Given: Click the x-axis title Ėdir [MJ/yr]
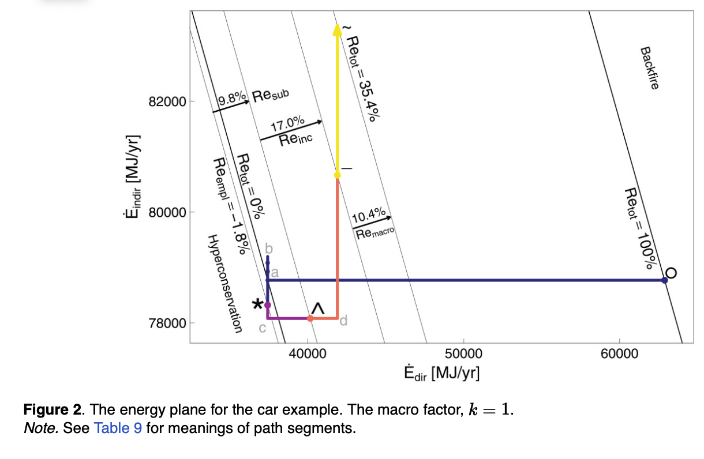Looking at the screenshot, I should pyautogui.click(x=442, y=372).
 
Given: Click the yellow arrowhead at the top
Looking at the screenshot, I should pyautogui.click(x=337, y=29).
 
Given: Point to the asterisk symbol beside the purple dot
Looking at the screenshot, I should pyautogui.click(x=257, y=304).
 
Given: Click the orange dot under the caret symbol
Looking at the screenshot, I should pyautogui.click(x=310, y=318).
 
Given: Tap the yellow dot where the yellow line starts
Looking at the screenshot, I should pyautogui.click(x=337, y=175).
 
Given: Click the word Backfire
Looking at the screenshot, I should pyautogui.click(x=649, y=67).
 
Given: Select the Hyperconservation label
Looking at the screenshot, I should pyautogui.click(x=223, y=283).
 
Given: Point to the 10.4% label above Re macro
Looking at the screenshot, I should pyautogui.click(x=368, y=217).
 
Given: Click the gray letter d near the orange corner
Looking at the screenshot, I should pyautogui.click(x=343, y=321).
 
